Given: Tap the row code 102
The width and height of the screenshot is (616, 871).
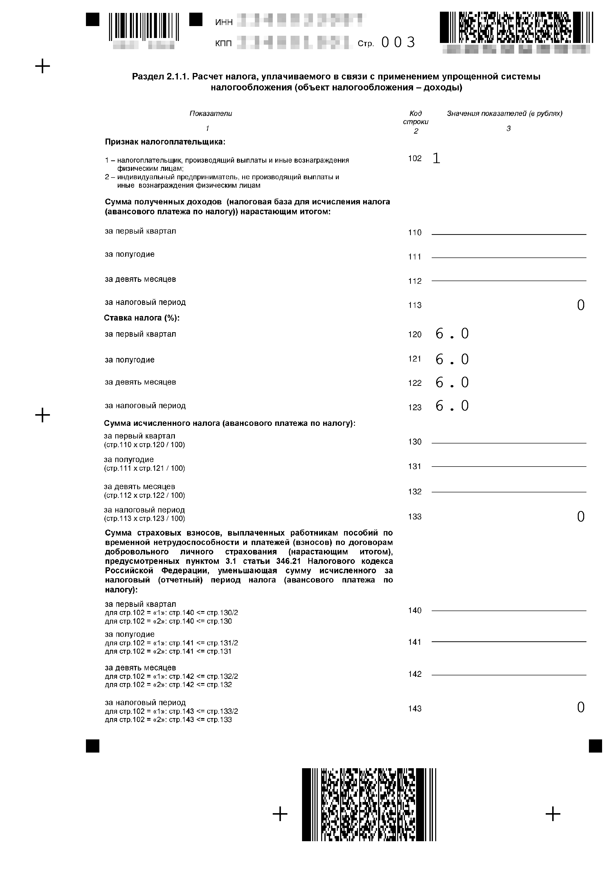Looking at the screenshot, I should (x=415, y=159).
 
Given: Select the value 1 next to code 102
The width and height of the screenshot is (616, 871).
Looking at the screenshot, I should (x=436, y=158).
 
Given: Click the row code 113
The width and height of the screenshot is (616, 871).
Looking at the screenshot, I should (x=415, y=305).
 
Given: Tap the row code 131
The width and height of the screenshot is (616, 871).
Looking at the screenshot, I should (x=415, y=467).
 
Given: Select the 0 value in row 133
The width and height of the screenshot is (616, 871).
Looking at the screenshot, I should (x=580, y=517).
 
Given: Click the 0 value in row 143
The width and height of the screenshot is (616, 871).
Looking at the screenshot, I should (x=580, y=707).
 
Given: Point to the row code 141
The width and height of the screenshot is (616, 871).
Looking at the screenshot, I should (x=415, y=642).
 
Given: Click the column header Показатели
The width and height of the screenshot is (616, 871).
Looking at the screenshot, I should (x=211, y=113).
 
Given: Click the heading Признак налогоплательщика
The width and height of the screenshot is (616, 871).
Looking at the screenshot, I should (x=165, y=142).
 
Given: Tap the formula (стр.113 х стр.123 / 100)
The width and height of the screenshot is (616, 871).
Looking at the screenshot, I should (x=145, y=519).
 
